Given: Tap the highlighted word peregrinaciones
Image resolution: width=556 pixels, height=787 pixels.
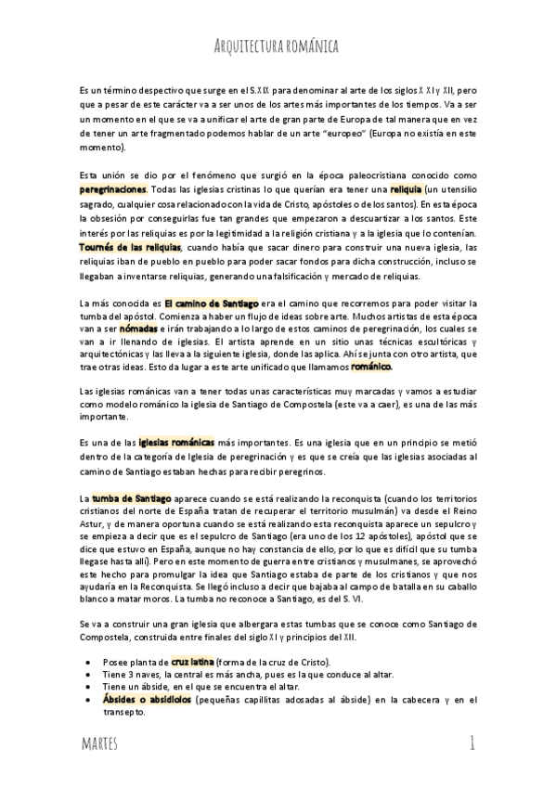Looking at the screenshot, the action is point(116,187).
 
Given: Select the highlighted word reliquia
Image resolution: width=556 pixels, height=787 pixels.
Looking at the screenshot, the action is point(406,187).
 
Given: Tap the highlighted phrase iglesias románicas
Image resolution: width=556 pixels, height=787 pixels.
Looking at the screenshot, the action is point(176,443).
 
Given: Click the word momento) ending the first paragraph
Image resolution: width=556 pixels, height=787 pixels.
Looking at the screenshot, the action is point(102,147).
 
